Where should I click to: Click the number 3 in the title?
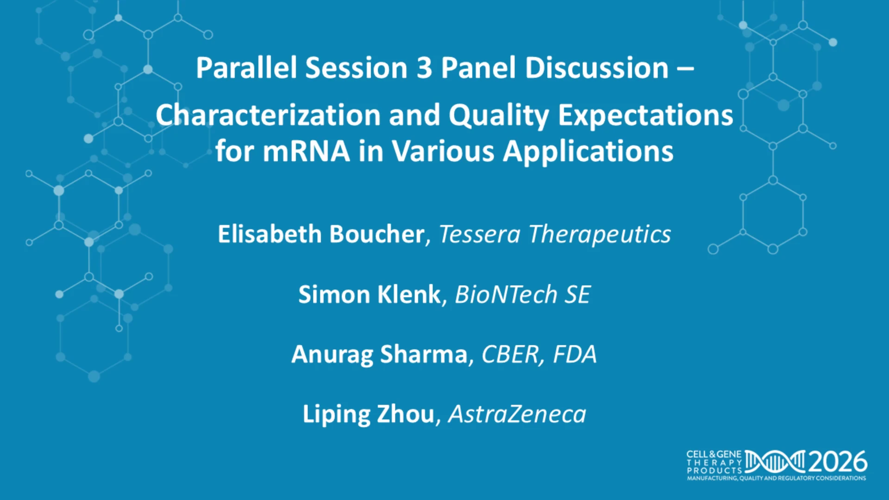424,68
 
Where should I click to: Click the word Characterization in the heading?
268,115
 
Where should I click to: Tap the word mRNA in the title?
306,151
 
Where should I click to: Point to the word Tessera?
479,234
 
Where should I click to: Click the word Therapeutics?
600,235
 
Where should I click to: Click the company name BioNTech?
506,294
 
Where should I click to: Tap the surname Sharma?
424,354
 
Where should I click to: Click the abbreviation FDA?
575,355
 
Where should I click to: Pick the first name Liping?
336,414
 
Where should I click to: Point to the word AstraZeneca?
517,414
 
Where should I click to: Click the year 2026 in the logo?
838,462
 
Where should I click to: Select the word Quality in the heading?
499,115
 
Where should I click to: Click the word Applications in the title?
588,152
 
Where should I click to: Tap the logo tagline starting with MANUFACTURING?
776,478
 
